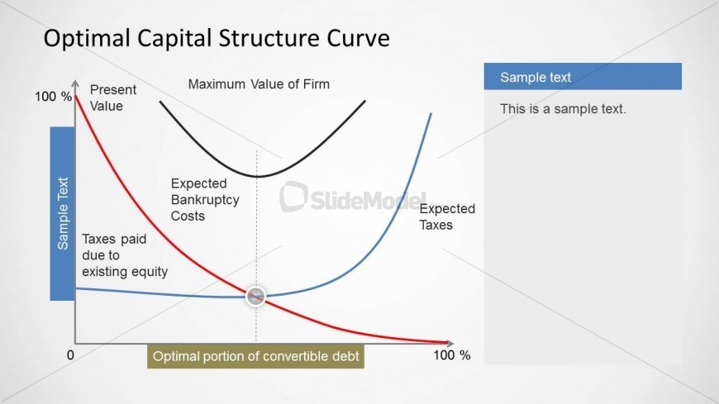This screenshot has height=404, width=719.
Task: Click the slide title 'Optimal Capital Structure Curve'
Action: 217,38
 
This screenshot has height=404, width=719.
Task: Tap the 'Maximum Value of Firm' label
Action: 259,84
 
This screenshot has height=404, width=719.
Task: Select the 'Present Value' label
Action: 112,97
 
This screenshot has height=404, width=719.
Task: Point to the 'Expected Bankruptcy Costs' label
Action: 205,199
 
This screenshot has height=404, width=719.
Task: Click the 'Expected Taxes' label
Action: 447,216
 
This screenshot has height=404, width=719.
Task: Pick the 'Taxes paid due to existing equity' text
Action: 125,255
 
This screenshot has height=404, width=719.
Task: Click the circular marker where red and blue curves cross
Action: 255,297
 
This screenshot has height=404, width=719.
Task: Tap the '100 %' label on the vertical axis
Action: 53,97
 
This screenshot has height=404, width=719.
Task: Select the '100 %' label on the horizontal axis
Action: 452,355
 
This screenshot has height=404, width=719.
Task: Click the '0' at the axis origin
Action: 70,355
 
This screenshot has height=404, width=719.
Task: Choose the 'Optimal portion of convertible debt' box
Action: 255,356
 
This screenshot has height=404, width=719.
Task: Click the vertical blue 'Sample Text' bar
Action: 62,214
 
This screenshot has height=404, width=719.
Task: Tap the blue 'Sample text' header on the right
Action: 583,77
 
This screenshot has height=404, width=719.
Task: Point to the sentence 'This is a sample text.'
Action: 563,109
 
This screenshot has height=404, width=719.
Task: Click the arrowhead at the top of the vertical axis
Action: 75,83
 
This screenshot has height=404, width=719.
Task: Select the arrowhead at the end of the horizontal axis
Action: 450,343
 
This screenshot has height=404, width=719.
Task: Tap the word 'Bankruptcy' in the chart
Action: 205,200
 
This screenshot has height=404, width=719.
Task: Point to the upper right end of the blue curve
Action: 431,113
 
